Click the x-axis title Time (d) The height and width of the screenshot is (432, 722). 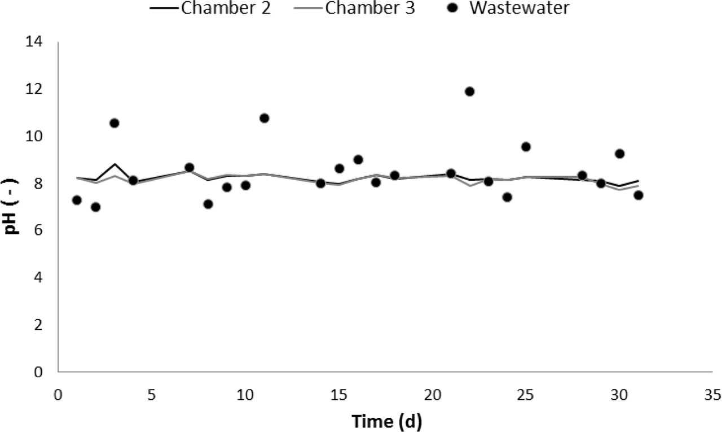(x=386, y=421)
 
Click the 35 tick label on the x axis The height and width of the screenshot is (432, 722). (x=712, y=394)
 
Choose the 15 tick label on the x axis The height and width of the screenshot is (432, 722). (x=338, y=394)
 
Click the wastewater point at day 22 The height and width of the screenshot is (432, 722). (x=469, y=91)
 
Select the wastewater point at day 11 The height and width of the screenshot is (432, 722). (x=264, y=118)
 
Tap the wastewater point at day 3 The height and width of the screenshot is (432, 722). (x=115, y=123)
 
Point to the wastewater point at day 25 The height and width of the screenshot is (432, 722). (x=526, y=147)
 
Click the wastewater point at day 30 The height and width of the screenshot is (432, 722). (x=619, y=154)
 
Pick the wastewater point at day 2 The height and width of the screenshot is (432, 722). (x=96, y=207)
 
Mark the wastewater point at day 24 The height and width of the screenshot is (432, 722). (x=507, y=197)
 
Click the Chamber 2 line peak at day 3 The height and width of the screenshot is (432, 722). (x=115, y=164)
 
